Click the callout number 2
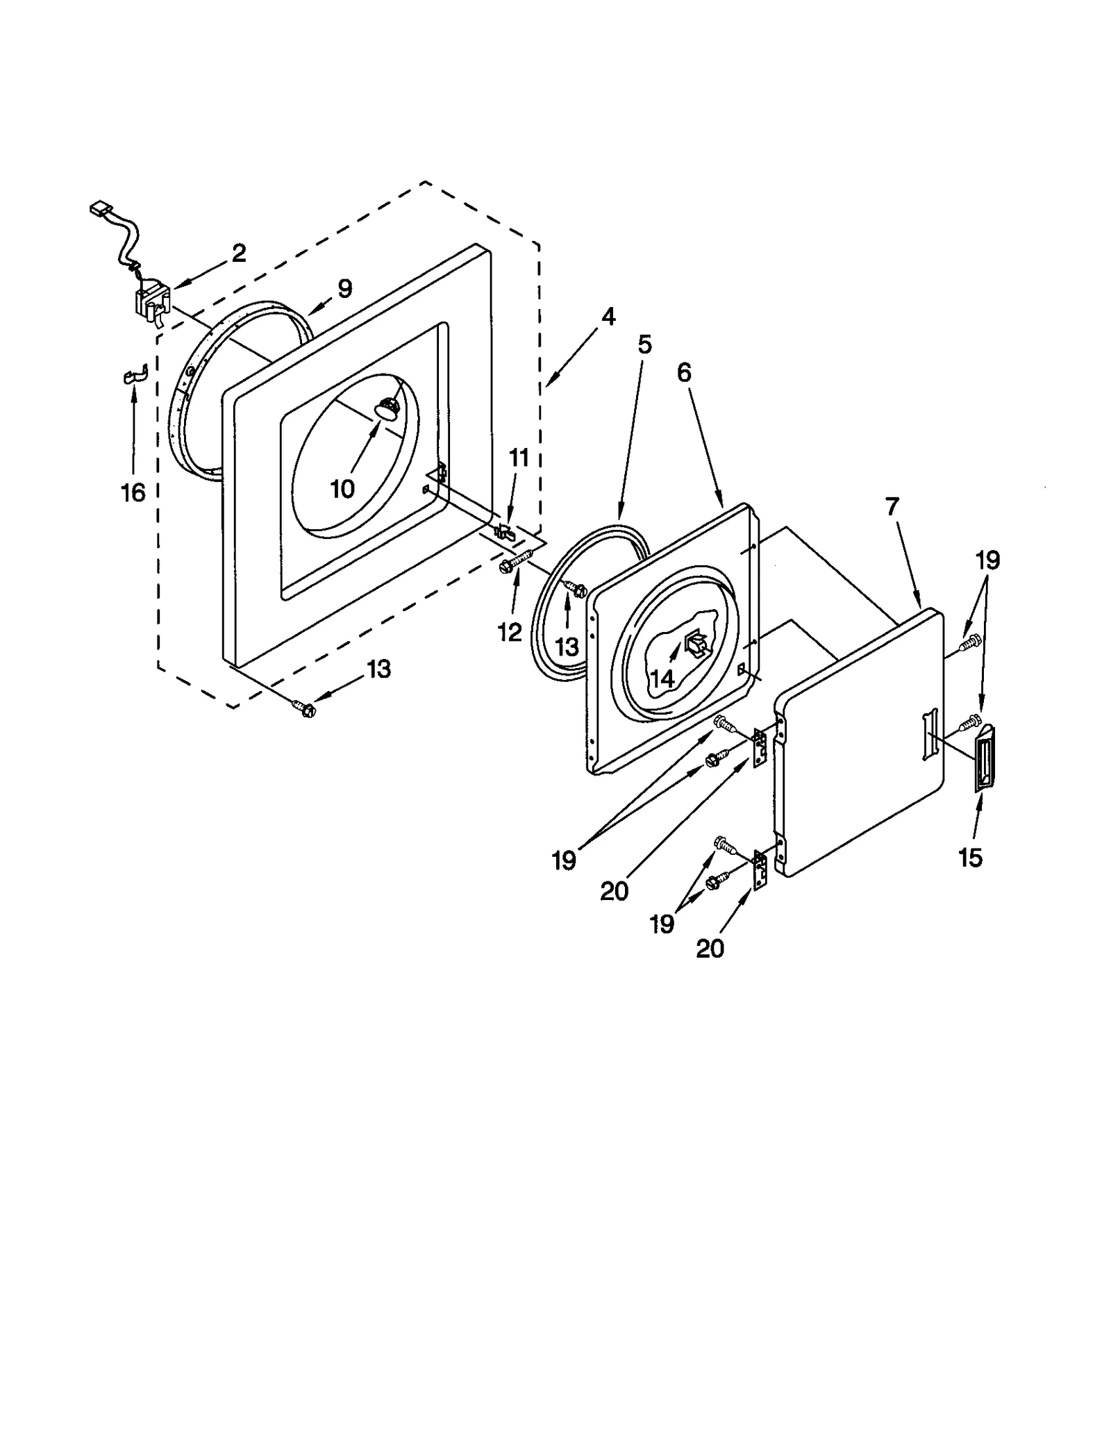click(239, 253)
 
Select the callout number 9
click(345, 288)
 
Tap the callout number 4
click(608, 317)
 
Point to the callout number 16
click(133, 492)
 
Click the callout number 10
click(342, 489)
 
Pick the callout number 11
click(519, 458)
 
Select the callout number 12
click(510, 632)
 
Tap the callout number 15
click(971, 858)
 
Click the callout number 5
click(645, 345)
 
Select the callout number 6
click(685, 373)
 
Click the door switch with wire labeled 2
click(152, 306)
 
